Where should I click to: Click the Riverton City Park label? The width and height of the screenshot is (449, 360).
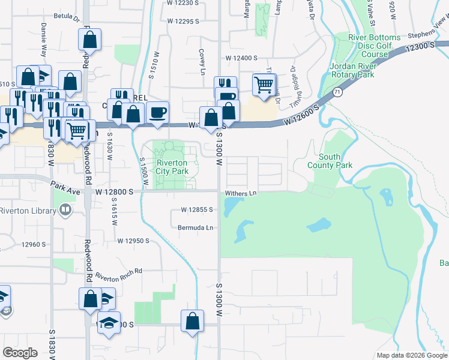(172, 167)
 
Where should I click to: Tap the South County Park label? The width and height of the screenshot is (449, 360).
(330, 160)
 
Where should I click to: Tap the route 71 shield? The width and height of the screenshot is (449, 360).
(339, 92)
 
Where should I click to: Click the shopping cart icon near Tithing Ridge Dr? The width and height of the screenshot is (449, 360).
(264, 85)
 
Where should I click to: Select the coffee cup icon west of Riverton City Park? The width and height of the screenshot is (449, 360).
(158, 112)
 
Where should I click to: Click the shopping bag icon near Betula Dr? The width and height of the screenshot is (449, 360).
(89, 41)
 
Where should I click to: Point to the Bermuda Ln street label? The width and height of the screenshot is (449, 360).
(195, 227)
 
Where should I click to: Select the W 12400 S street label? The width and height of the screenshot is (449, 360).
(241, 58)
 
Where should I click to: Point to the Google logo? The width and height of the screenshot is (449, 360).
(20, 353)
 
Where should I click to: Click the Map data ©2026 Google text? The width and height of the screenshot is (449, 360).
(411, 355)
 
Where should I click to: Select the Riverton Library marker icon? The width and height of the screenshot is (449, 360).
(65, 210)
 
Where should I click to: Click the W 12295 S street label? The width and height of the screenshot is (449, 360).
(183, 21)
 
